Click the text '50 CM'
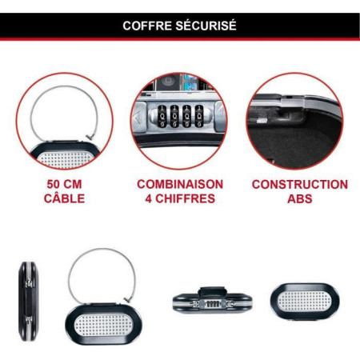64,185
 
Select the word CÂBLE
64,198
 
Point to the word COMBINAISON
180,185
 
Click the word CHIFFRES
185,198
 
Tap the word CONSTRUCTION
300,185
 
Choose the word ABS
300,198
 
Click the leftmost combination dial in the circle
162,116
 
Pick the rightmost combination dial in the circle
199,116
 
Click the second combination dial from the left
174,116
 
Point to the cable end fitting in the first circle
90,137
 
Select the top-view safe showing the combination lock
212,300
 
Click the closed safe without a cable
305,302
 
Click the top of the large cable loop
102,249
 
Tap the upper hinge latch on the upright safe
29,283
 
